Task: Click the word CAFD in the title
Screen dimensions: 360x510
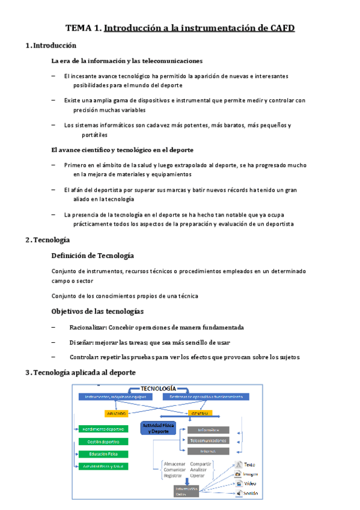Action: (279, 28)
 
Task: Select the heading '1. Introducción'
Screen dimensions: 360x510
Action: (52, 46)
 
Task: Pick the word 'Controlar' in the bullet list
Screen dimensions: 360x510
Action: (84, 357)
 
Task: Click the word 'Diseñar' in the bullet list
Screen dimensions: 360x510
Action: (82, 342)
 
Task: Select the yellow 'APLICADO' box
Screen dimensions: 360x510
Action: (117, 414)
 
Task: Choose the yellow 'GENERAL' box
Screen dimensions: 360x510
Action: (200, 414)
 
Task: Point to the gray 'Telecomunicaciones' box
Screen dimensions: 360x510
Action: (208, 440)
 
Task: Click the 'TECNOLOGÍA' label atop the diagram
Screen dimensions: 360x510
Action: (158, 388)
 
